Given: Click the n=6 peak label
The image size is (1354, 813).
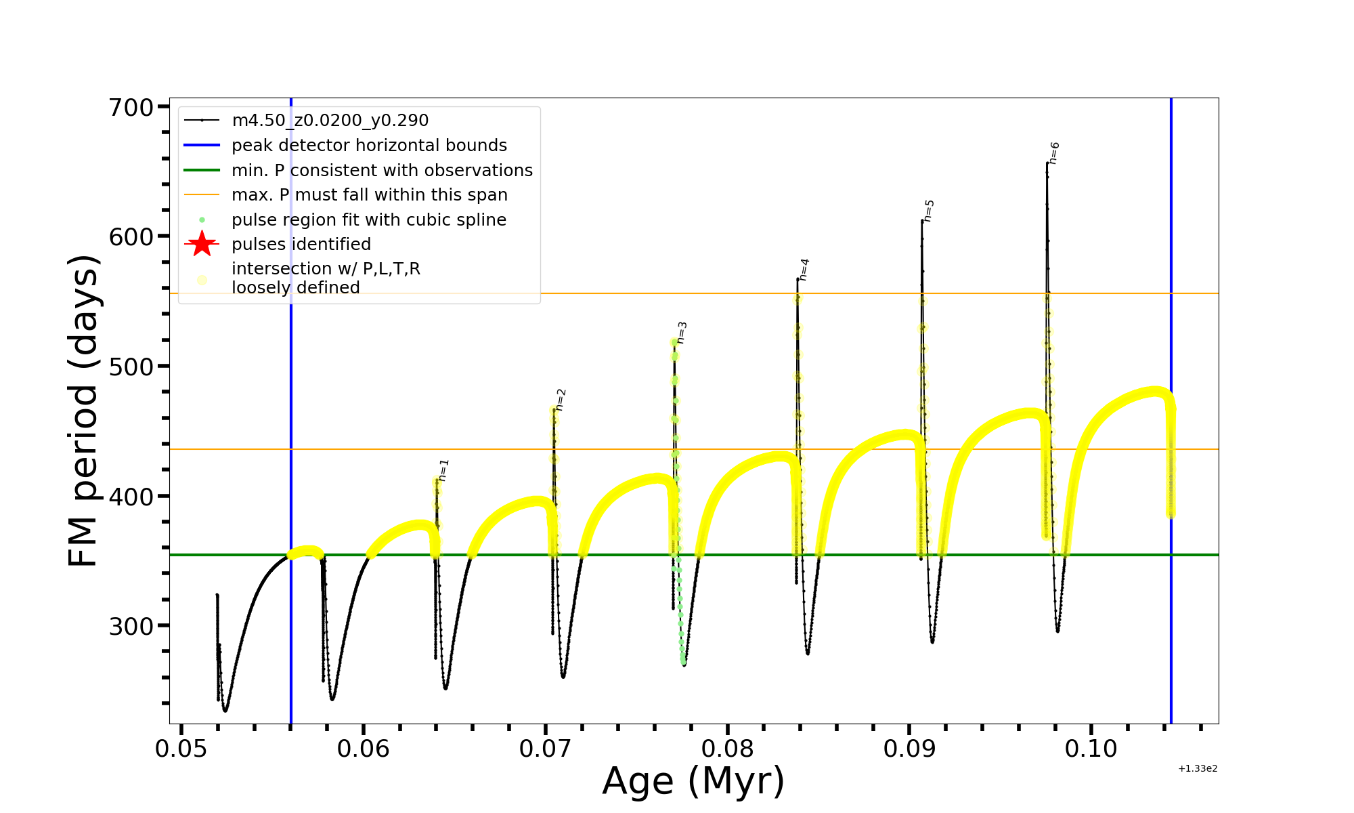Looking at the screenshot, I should click(1054, 153).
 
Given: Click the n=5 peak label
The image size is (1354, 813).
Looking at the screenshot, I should click(929, 211).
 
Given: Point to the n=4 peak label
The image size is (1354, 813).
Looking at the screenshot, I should click(804, 270).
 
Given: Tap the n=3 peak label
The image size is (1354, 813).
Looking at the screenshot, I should click(682, 333).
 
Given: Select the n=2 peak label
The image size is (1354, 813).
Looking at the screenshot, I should click(561, 400).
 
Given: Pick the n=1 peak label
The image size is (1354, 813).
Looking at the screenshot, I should click(443, 470).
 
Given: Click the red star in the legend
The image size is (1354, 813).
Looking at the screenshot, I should click(202, 244).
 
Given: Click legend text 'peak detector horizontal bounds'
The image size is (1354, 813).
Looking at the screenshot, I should click(369, 146).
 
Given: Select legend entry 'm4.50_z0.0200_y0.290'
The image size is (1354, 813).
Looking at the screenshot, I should click(330, 121).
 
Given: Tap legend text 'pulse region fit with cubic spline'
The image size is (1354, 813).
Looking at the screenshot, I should click(369, 220).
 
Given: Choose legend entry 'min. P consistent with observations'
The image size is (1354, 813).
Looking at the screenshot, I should click(382, 171).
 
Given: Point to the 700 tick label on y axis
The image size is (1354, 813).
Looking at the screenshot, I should click(131, 107).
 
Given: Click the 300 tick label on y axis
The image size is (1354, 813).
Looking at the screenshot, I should click(131, 626).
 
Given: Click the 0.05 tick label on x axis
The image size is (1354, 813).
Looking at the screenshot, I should click(181, 749).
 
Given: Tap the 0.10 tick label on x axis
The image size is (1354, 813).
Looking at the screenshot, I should click(1091, 749).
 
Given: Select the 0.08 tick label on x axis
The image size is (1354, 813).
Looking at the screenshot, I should click(727, 749).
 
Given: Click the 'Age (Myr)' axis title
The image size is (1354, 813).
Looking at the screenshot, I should click(693, 781).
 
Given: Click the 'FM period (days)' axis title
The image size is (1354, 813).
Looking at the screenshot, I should click(84, 411).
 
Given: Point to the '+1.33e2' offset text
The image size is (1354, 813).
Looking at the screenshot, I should click(1198, 769).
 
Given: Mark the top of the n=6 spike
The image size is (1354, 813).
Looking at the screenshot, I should click(1047, 163).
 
